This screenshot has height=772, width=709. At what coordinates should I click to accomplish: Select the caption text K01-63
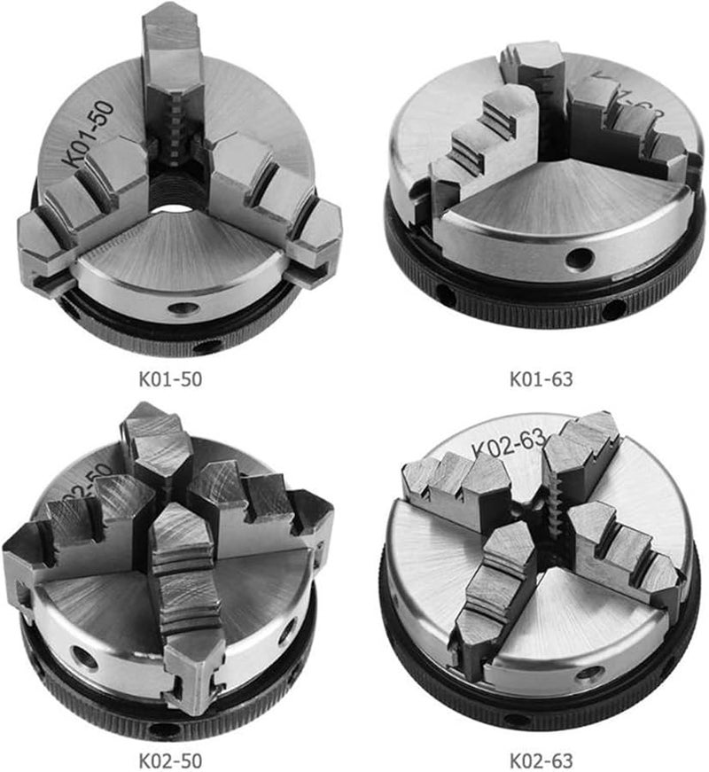541,379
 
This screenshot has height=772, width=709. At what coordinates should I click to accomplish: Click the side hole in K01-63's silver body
580,259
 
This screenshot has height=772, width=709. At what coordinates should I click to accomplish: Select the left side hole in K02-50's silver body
86,658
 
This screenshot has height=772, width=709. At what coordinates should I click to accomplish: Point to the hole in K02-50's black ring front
161,729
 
